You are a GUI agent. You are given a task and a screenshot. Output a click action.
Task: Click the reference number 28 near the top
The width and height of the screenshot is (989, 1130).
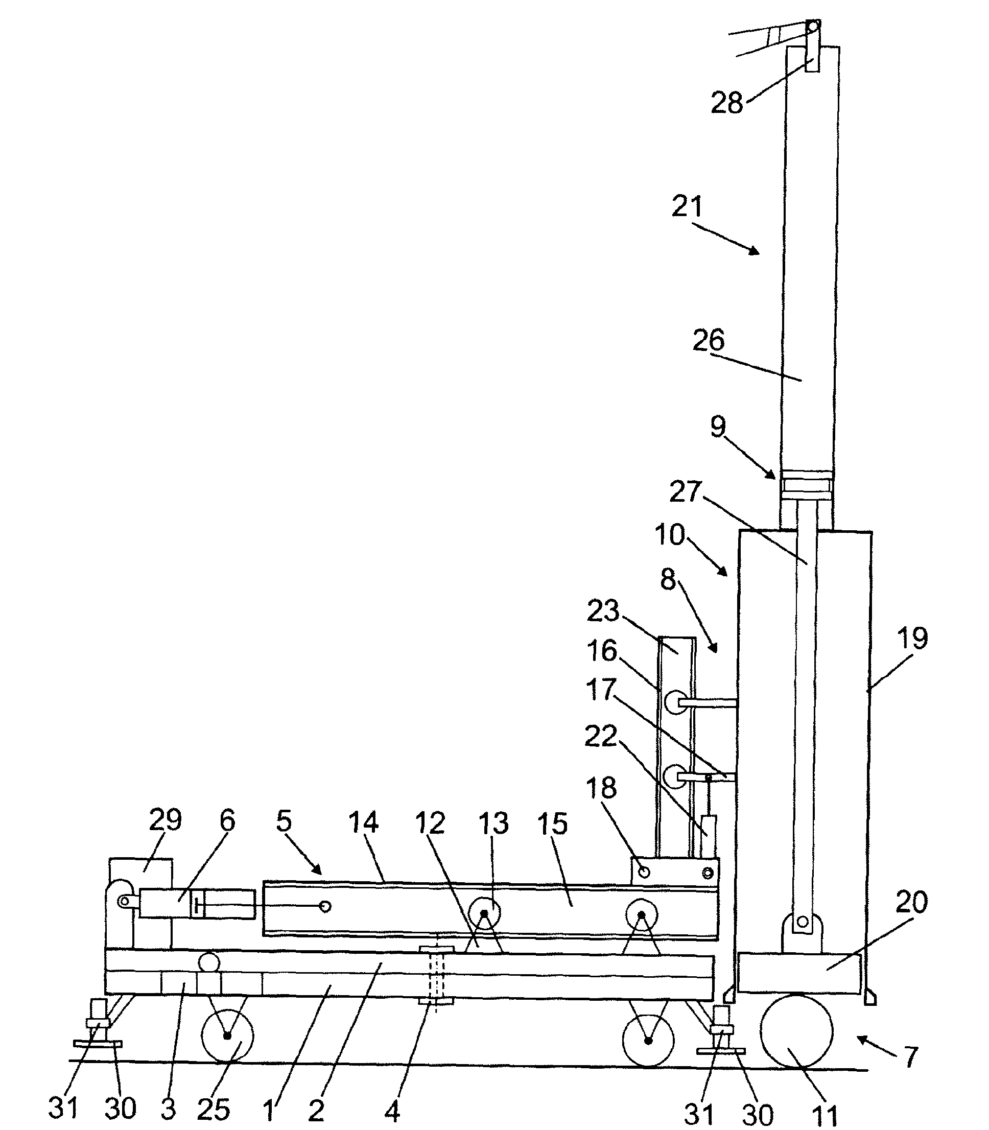(727, 103)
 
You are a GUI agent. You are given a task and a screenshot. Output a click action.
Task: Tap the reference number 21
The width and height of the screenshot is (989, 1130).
(687, 207)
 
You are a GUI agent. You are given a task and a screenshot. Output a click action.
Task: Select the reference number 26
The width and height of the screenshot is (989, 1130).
(709, 340)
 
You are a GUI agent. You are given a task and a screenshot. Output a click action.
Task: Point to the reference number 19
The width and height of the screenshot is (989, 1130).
(912, 638)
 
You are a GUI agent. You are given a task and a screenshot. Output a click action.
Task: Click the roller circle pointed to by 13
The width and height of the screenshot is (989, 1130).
(484, 914)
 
